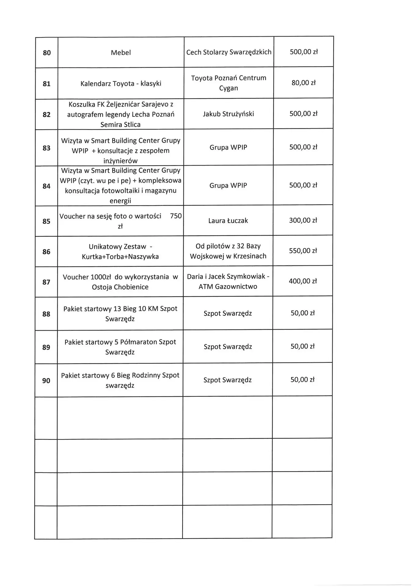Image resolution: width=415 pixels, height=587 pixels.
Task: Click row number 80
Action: tap(47, 53)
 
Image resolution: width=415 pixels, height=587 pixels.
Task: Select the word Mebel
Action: tap(121, 53)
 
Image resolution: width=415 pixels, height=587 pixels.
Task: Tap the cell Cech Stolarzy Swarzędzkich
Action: tap(229, 52)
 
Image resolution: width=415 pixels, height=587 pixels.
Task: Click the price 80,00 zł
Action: tap(303, 83)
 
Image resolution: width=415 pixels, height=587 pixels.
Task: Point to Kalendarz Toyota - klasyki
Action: tap(121, 83)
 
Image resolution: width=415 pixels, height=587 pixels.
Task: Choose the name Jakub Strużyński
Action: tap(228, 114)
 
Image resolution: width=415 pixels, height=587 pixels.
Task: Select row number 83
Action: tap(46, 148)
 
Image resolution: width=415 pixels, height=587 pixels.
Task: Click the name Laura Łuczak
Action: tap(228, 221)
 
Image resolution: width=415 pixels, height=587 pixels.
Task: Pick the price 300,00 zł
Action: tap(303, 220)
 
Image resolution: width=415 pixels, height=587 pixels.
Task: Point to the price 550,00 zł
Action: tap(303, 251)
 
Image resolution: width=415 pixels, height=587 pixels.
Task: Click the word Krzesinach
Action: tap(249, 256)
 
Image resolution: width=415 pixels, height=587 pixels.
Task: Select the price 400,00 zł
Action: tap(303, 281)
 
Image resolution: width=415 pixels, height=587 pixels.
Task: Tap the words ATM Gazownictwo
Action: tap(228, 287)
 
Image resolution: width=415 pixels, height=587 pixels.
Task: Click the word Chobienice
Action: tap(131, 287)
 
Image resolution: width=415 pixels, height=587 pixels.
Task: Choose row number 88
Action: tap(46, 314)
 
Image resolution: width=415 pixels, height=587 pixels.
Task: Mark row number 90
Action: tap(46, 381)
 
